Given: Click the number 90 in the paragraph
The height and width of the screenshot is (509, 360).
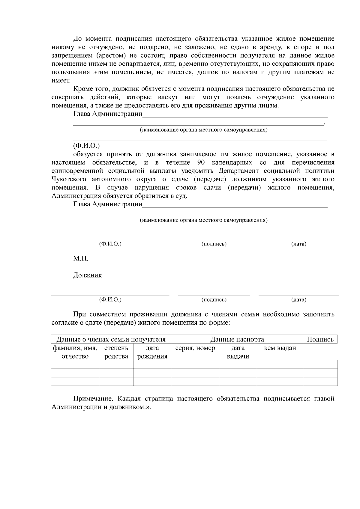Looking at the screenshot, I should tap(201, 163).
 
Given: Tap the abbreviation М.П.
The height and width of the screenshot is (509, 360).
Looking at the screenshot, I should tap(81, 259).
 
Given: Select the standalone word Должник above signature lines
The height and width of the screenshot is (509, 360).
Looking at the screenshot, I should tap(87, 275).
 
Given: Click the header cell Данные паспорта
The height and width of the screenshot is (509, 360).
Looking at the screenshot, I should tap(237, 339).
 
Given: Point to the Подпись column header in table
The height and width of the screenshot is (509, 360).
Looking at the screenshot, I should tap(320, 339).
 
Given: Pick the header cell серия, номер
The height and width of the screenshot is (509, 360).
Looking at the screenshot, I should tap(195, 348).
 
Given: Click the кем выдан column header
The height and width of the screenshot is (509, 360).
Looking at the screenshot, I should tap(280, 348).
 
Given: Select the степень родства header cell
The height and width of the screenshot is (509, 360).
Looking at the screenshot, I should tap(116, 352).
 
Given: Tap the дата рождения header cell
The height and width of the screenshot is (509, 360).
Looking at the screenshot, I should tap(152, 352).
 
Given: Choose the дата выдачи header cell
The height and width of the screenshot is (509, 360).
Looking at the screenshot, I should tap(238, 352).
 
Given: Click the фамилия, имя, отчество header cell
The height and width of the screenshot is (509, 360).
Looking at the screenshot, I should tap(75, 352).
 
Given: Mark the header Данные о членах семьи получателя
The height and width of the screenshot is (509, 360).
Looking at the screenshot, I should tap(111, 339).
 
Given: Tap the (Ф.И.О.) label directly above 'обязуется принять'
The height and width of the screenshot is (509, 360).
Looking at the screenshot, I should tap(86, 146).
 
